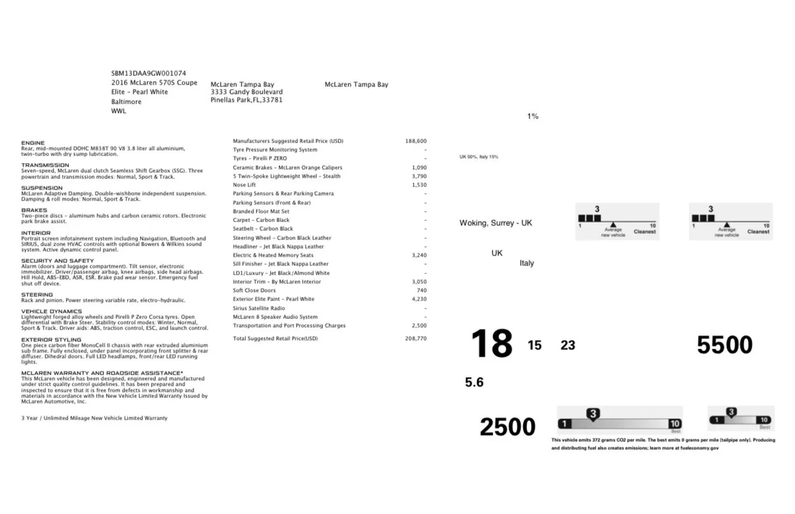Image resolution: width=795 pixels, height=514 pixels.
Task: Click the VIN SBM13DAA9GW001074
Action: click(149, 73)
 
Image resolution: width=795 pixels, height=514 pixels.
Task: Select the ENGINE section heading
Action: click(33, 143)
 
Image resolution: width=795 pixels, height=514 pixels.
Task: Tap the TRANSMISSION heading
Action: click(45, 165)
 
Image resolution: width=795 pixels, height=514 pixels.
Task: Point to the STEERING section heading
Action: click(37, 295)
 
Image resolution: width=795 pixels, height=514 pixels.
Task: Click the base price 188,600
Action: click(416, 141)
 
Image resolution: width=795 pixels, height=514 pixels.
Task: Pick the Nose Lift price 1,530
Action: click(419, 185)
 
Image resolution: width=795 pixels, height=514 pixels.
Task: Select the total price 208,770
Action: click(416, 339)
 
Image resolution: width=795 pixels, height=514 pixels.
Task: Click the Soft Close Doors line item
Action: click(254, 291)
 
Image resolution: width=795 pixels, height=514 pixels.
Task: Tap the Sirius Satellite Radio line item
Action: click(259, 308)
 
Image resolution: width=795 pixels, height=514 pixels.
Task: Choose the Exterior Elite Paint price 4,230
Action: click(419, 299)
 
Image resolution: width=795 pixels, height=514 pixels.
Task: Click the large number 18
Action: click(492, 344)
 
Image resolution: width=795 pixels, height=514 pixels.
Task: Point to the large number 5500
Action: click(724, 345)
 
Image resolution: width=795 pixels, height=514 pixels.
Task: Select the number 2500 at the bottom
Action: click(507, 427)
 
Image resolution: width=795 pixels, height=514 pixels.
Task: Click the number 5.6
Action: click(474, 383)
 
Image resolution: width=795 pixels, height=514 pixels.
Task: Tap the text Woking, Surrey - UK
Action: click(495, 223)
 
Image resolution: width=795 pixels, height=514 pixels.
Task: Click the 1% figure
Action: click(533, 116)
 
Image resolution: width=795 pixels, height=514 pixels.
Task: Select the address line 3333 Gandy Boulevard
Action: click(247, 92)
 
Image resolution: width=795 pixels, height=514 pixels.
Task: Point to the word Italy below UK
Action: click(527, 263)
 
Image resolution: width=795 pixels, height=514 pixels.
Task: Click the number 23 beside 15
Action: click(567, 346)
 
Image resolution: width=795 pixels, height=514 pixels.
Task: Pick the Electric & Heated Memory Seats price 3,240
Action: click(419, 255)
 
